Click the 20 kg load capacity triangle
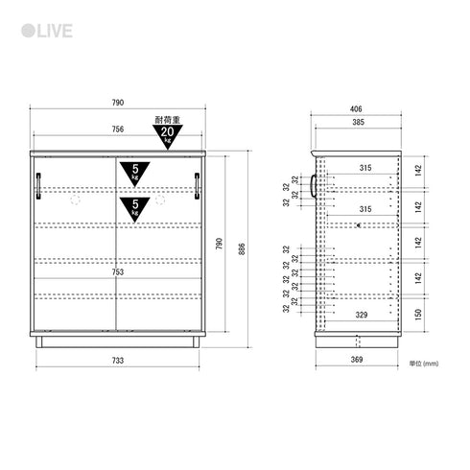pos(168,135)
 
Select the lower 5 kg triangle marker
pos(135,208)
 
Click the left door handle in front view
pos(38,186)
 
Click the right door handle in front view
pos(197,186)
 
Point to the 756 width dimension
pos(118,129)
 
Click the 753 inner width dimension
pos(118,272)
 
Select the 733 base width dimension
pos(118,361)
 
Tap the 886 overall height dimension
pos(242,249)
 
